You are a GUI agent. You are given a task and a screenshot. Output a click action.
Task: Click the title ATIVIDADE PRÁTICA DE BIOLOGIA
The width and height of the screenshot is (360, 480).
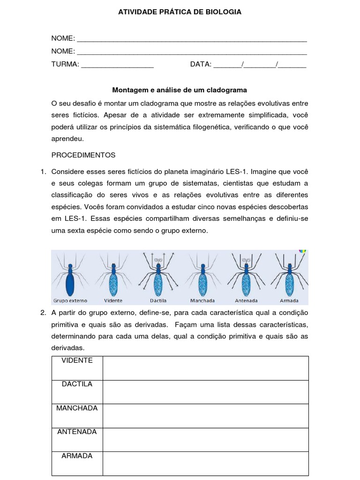[x=180, y=12]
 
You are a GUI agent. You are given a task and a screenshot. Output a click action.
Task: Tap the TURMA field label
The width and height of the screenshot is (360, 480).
[x=65, y=64]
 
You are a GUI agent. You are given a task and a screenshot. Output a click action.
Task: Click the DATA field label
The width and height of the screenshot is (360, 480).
[x=201, y=64]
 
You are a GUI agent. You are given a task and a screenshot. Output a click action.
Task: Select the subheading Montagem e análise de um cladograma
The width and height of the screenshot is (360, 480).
[x=180, y=89]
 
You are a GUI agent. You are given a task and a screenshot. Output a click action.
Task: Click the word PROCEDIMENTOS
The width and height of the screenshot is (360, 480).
[x=83, y=155]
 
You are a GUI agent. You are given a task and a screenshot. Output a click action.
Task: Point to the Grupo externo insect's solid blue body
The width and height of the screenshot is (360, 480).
[x=70, y=283]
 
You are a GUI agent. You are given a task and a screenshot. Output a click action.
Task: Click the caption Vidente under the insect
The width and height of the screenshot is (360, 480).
[x=113, y=300]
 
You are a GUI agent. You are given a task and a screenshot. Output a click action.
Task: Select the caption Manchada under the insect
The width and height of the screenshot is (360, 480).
[x=202, y=300]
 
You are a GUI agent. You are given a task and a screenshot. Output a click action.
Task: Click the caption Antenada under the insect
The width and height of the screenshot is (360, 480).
[x=246, y=300]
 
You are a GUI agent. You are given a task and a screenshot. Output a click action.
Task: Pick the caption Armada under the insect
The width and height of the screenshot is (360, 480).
[x=289, y=300]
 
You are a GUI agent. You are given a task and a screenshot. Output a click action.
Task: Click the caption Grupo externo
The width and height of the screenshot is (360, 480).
[x=70, y=300]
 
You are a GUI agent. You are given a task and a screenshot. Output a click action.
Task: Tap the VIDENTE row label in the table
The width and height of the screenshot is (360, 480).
[x=77, y=360]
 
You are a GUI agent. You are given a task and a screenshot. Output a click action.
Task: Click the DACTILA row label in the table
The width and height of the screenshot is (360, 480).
[x=77, y=384]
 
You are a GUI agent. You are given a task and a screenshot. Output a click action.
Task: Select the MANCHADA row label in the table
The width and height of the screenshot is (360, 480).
[x=77, y=408]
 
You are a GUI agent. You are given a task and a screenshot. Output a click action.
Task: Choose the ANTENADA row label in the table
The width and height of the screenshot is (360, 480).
[x=77, y=432]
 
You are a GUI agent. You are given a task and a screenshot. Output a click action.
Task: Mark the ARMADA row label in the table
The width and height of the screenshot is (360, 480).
[x=77, y=456]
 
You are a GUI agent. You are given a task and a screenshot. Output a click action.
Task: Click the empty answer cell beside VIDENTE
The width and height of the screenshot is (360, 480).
[x=205, y=368]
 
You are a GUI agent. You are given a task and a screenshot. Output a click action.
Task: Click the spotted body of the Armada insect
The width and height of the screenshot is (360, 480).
[x=289, y=283]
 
